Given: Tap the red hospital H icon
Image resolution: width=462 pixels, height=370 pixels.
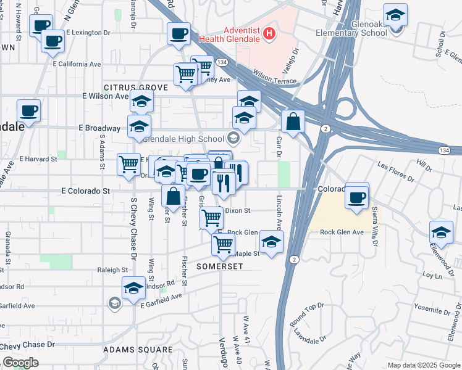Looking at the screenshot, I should point(269,33).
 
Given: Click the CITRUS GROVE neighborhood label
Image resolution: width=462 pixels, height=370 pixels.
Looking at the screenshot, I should point(136,88).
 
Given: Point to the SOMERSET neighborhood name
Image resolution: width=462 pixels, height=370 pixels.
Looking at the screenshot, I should point(220,266).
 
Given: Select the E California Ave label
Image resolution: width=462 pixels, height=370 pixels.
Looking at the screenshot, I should point(77,64).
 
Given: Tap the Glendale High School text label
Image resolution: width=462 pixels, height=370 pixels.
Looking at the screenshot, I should point(183,139).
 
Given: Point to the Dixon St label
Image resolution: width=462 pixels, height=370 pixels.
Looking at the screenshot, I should point(237,210).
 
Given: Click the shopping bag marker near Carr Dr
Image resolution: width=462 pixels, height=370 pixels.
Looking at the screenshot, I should point(293,121).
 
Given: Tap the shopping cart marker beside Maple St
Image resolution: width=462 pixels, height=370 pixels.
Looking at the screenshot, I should point(223,244).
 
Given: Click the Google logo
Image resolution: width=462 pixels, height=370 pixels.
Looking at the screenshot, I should point(20,363).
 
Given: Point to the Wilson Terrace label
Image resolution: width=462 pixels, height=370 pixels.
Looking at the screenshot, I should point(275,80).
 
